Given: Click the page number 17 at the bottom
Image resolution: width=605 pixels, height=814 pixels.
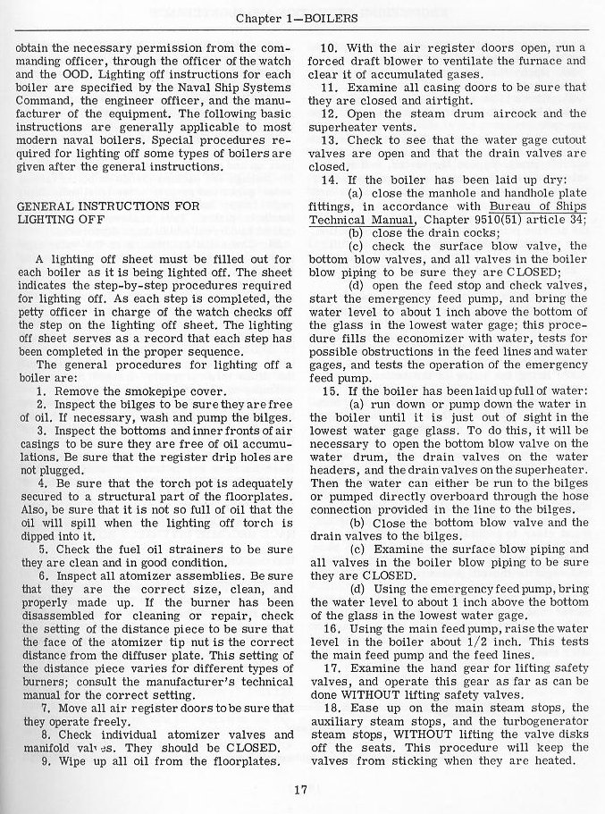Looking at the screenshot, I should coord(301,789).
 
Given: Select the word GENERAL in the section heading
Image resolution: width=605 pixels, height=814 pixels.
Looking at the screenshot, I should coord(45,205).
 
